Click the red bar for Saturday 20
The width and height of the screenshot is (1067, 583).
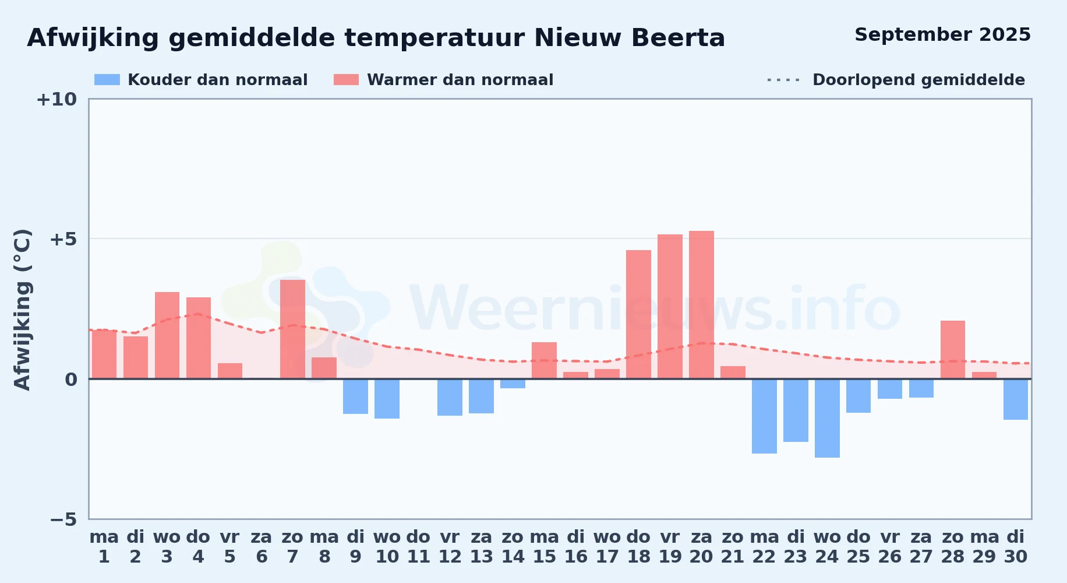701,305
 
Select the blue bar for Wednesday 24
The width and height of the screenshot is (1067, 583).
827,418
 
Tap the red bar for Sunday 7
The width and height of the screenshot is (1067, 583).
292,329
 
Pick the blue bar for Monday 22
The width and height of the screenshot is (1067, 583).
764,416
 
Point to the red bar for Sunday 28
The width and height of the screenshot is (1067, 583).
953,350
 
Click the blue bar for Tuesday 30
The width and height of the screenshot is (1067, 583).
1016,399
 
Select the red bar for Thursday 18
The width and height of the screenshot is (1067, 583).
638,314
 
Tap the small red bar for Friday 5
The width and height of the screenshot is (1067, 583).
230,371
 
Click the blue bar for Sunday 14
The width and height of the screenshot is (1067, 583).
513,384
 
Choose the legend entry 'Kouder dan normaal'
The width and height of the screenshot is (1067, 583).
201,80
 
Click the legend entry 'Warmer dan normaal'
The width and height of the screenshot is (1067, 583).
443,80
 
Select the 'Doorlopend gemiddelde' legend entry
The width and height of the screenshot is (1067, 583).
896,80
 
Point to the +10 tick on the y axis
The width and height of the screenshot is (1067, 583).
56,99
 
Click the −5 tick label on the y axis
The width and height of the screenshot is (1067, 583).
63,519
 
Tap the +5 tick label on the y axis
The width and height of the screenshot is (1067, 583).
63,239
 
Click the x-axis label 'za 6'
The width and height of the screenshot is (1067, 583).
262,547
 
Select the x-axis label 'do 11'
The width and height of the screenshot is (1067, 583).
418,547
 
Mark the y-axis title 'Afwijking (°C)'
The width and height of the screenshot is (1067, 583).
22,310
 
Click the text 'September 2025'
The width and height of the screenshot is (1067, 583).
942,34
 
